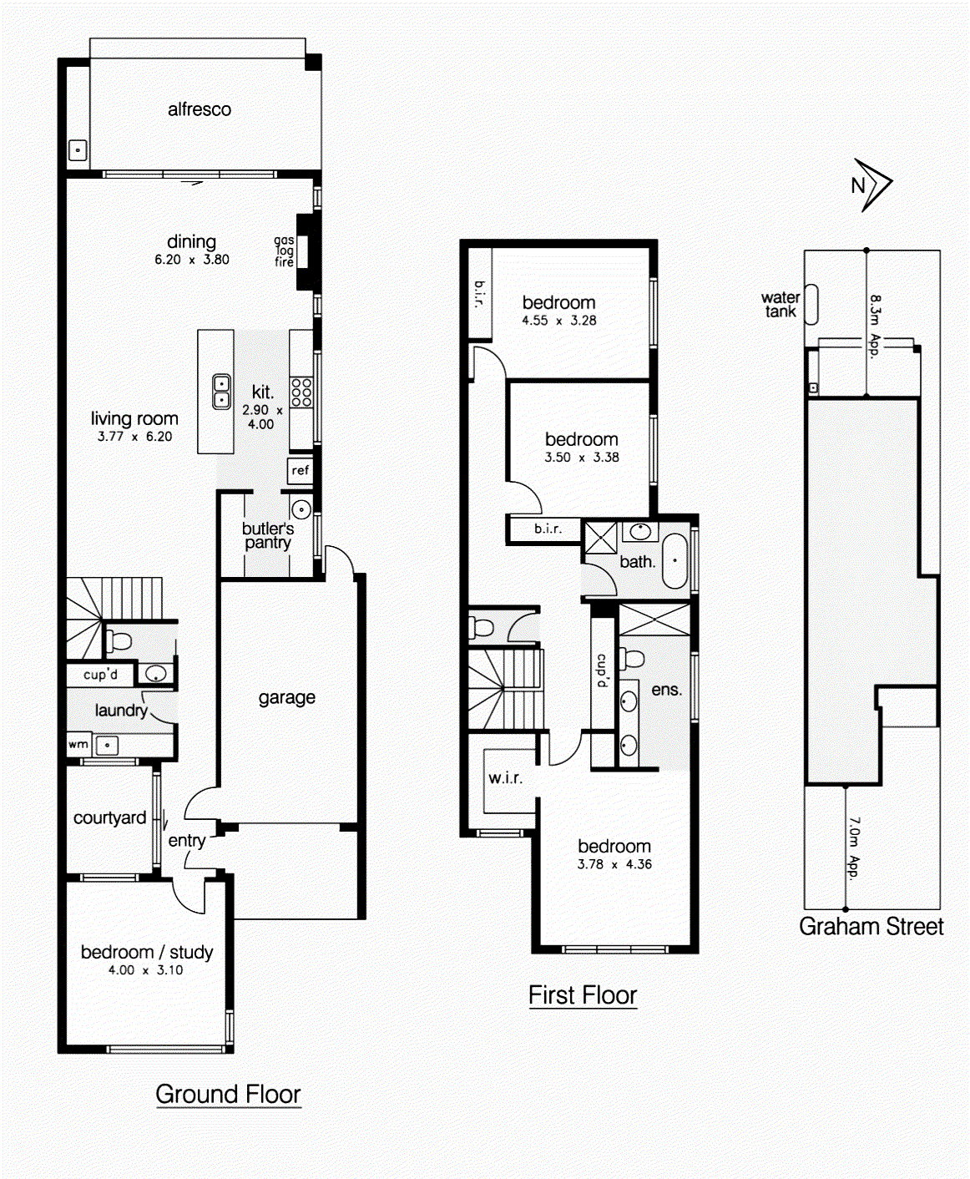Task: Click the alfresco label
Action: click(x=199, y=109)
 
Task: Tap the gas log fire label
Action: click(x=284, y=250)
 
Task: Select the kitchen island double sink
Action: click(x=222, y=391)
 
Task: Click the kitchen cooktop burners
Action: click(x=301, y=392)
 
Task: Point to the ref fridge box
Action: click(x=300, y=470)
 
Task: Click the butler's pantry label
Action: click(x=267, y=535)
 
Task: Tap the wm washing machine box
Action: click(x=78, y=744)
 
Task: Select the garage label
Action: click(x=286, y=697)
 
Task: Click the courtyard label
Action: click(x=109, y=818)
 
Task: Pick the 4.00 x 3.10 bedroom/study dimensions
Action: click(x=145, y=970)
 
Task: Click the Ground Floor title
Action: click(x=228, y=1094)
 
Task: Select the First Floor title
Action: click(x=582, y=995)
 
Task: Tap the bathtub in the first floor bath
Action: click(x=674, y=560)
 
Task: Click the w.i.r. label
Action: click(x=505, y=778)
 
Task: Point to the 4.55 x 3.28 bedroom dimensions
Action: click(x=558, y=321)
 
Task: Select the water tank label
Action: click(x=780, y=305)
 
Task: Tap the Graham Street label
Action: click(x=871, y=927)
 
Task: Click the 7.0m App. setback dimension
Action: click(x=853, y=848)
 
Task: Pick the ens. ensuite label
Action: click(x=666, y=690)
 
